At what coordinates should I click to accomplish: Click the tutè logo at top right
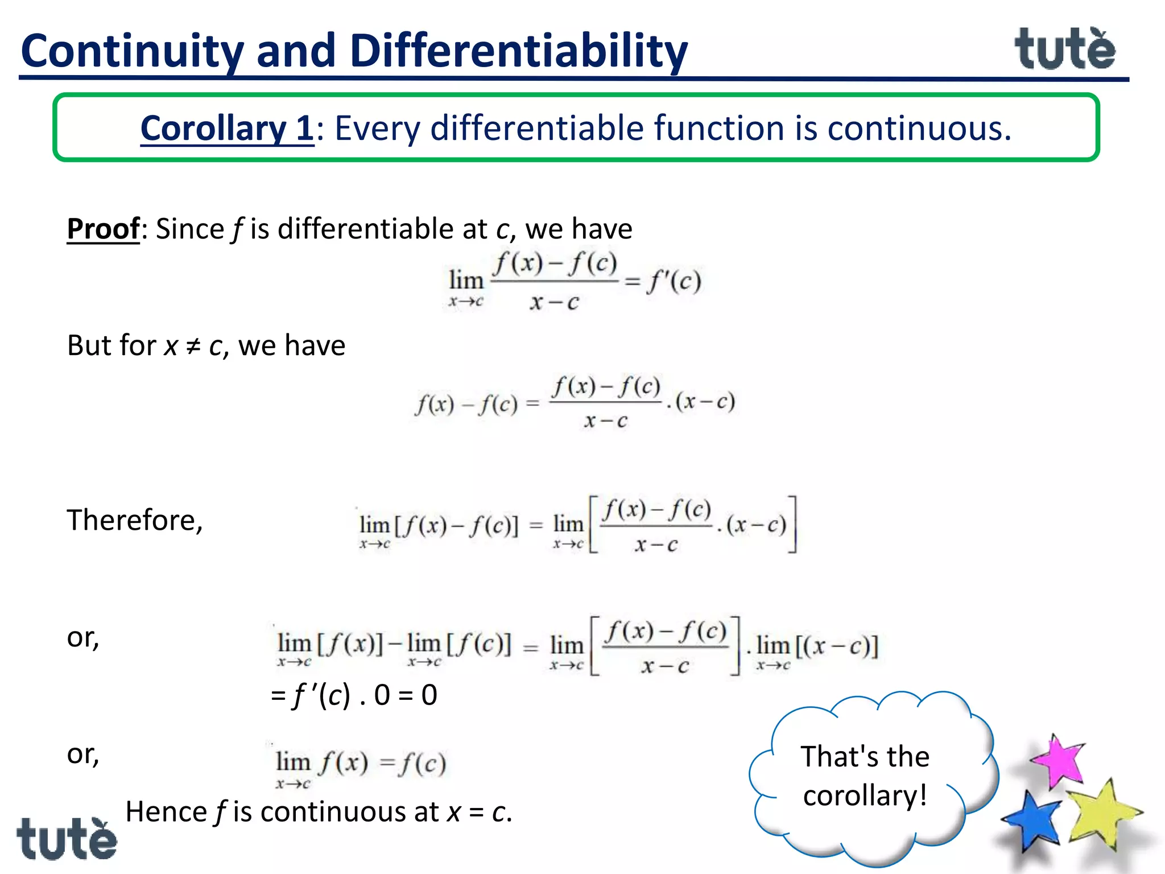point(1065,50)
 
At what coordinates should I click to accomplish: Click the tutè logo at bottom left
point(67,839)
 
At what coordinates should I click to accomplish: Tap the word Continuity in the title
point(132,51)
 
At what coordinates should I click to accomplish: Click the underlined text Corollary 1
point(226,128)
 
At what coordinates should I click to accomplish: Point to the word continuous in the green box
point(919,128)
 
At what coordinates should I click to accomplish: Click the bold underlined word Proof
point(103,229)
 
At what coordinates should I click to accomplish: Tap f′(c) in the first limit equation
point(674,281)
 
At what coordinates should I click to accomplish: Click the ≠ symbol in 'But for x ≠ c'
point(193,346)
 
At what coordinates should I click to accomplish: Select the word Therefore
point(134,520)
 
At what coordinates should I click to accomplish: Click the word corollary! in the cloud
point(865,795)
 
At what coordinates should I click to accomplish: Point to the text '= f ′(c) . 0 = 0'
point(354,695)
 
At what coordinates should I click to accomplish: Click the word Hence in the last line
point(166,811)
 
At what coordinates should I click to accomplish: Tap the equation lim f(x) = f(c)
point(360,765)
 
